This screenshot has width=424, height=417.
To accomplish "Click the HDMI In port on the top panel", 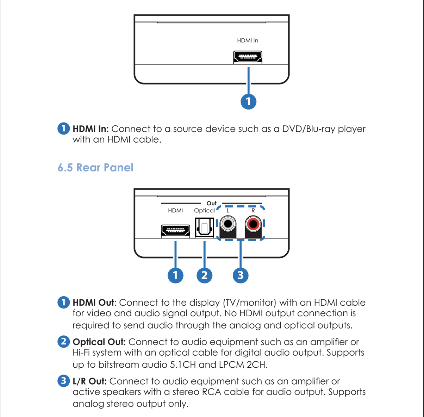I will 248,57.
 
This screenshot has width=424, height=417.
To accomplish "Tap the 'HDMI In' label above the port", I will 248,41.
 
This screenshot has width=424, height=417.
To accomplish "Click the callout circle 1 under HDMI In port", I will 248,101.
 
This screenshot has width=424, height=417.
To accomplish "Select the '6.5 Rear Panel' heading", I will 95,168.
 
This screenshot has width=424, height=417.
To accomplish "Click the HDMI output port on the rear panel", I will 175,231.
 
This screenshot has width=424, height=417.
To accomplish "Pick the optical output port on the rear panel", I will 204,227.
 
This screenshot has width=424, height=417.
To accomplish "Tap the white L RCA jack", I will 228,224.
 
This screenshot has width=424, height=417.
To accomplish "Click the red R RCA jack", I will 253,224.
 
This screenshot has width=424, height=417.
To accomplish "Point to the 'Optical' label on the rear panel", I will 204,211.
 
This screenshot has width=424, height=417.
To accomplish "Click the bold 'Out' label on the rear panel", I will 211,203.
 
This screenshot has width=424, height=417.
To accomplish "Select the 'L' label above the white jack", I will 228,211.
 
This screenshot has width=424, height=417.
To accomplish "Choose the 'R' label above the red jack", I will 253,211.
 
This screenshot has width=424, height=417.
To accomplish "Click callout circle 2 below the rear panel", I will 204,275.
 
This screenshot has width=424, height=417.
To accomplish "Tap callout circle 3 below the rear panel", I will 241,275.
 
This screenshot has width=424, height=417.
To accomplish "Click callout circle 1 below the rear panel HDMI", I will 175,275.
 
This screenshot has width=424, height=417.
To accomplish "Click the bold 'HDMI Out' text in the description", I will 93,303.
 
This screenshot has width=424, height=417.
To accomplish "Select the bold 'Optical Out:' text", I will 99,342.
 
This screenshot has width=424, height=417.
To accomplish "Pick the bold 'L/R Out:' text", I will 89,381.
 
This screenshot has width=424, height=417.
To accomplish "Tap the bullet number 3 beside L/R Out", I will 63,381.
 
